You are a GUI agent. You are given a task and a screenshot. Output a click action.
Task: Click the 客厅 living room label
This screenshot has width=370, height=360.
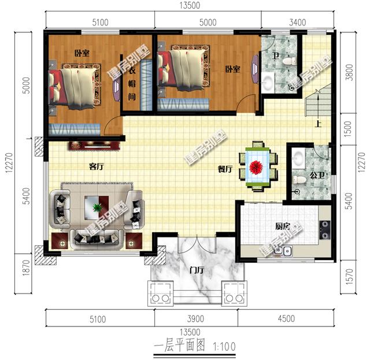[97, 166]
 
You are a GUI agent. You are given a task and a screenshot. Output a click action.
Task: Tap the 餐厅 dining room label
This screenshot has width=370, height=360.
[225, 169]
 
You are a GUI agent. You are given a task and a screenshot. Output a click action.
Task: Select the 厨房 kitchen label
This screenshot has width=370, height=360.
[283, 227]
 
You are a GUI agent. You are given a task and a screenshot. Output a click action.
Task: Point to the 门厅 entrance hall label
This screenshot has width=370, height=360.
[197, 270]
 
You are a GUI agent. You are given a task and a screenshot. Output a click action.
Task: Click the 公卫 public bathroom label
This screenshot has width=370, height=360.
[317, 175]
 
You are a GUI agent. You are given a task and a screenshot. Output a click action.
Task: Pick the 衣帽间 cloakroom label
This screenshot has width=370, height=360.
[132, 83]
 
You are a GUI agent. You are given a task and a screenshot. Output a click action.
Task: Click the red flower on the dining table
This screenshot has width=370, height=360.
[256, 167]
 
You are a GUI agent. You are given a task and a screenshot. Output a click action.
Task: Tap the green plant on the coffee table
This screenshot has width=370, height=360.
[97, 207]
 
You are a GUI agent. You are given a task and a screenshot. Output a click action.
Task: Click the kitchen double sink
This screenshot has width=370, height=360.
[283, 251]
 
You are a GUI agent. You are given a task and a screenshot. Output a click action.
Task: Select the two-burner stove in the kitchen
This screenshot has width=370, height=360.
[325, 230]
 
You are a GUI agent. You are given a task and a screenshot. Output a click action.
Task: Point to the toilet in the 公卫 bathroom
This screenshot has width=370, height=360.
[299, 180]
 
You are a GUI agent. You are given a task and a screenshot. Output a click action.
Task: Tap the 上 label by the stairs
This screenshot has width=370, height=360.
[319, 124]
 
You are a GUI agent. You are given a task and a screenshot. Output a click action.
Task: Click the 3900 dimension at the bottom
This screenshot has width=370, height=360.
[195, 319]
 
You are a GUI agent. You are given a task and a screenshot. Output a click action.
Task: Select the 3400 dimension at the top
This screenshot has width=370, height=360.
[298, 23]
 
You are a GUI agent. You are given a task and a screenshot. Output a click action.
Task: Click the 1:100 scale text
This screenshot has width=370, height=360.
[224, 347]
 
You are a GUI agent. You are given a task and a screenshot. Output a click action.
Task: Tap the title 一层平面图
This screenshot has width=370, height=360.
[179, 346]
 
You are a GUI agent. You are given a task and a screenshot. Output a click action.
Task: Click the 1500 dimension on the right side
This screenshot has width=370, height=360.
[348, 129]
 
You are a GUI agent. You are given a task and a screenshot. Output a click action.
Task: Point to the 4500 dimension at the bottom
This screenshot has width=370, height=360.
[286, 319]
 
